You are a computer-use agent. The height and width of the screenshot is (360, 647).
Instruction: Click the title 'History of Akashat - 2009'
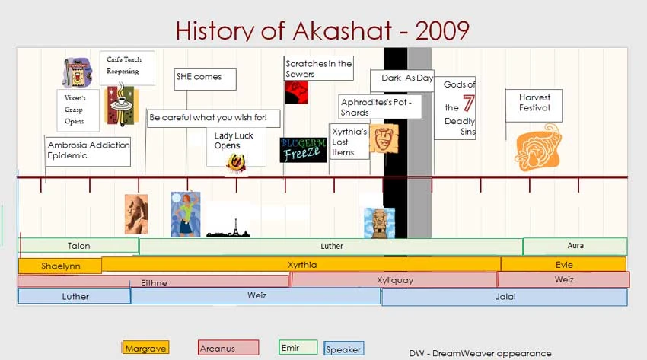coord(323,30)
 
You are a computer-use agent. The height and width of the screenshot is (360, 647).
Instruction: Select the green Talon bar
coord(78,246)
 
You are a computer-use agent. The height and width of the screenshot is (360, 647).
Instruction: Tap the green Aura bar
coord(575,246)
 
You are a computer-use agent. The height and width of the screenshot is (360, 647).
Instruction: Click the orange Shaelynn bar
coord(60,266)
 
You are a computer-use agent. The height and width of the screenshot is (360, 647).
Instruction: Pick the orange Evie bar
coord(563,264)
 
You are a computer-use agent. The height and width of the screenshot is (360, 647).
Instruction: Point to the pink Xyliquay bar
coord(394,280)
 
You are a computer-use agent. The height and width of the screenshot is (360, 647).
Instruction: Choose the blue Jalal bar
coord(504,297)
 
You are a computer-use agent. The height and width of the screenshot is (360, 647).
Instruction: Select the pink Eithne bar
coord(153,282)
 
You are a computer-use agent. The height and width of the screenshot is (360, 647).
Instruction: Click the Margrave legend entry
coord(145,348)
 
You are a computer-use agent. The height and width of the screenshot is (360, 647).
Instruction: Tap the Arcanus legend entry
coord(228,348)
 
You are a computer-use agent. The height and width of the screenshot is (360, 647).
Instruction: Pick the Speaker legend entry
coord(343,349)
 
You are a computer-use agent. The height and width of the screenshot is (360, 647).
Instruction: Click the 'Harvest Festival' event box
coord(534,105)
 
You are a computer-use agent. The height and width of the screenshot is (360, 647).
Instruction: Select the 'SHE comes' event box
coord(205,79)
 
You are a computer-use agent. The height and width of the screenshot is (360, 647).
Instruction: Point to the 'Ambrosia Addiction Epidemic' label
coord(88,151)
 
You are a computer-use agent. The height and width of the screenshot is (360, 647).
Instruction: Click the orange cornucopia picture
coord(537,150)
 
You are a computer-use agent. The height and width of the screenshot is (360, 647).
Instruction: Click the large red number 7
coord(468,104)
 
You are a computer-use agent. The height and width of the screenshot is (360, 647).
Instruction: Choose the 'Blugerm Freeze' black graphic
coord(303,150)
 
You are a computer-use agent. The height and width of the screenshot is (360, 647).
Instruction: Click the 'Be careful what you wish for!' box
coord(213,118)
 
